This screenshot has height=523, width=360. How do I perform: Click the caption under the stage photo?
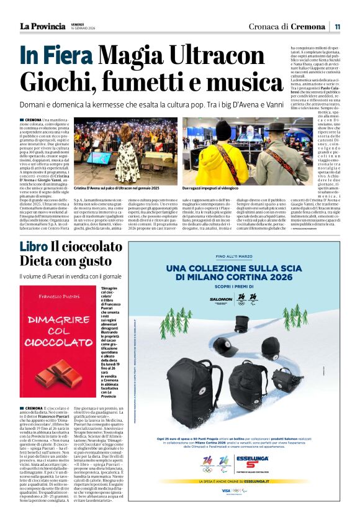[x=117, y=187]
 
